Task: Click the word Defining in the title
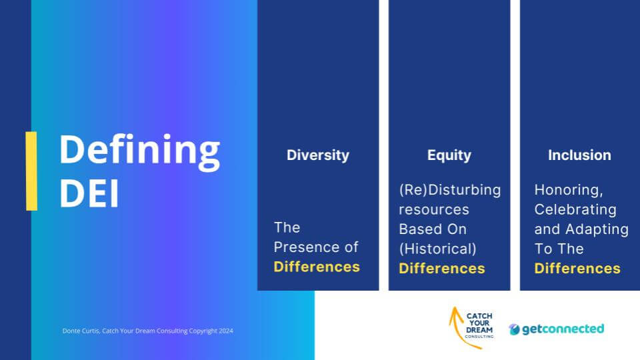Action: tap(139, 152)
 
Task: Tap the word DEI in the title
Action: tap(89, 193)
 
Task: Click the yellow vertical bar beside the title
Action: tap(31, 171)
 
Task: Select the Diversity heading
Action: tap(318, 155)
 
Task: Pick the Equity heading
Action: tap(449, 155)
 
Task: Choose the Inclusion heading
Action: tap(579, 155)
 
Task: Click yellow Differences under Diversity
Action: tap(317, 267)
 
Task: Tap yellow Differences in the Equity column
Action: tap(441, 268)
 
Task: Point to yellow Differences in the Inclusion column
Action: tap(577, 268)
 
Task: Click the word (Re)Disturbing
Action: tap(450, 190)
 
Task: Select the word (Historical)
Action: tap(437, 249)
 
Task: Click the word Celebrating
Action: tap(575, 210)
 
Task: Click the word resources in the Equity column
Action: tap(434, 210)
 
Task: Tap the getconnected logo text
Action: tap(563, 329)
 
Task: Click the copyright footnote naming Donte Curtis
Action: tap(148, 331)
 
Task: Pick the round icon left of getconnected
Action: tap(514, 329)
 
